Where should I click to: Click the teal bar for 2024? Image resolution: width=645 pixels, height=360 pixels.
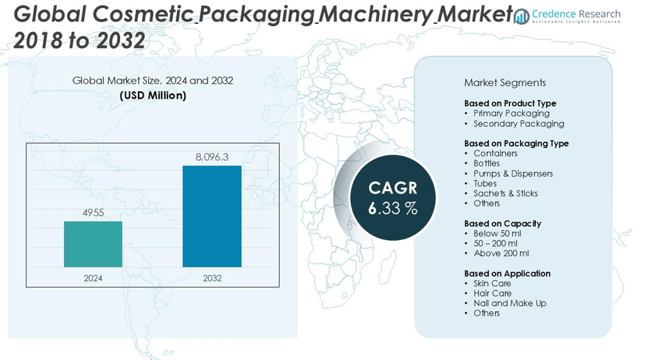tap(93, 244)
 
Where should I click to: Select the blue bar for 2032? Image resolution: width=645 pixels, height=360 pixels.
tap(212, 216)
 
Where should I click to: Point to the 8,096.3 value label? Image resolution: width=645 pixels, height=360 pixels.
tap(212, 157)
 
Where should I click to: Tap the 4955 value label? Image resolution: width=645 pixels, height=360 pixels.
tap(93, 213)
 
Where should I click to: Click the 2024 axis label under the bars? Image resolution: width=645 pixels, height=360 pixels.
tap(93, 278)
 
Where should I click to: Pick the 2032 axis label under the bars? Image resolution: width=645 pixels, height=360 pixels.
tap(212, 278)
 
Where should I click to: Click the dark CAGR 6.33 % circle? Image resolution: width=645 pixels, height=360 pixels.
tap(393, 197)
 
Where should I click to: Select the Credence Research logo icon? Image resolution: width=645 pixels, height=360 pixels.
tap(522, 16)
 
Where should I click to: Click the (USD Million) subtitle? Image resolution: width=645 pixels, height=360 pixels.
tap(153, 96)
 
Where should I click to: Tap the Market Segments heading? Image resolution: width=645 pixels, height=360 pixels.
tap(505, 83)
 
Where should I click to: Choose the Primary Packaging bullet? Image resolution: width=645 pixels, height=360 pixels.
tap(511, 113)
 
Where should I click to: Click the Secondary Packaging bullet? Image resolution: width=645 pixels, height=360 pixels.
tap(519, 124)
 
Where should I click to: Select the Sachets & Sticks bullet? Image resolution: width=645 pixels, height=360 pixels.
tap(505, 193)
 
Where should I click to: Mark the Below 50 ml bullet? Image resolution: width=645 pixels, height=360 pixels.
tap(497, 234)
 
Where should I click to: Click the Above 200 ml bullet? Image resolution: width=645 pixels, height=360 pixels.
tap(501, 253)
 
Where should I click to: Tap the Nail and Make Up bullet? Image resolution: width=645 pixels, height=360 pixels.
tap(510, 303)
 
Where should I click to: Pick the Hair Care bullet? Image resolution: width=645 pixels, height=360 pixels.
tap(492, 293)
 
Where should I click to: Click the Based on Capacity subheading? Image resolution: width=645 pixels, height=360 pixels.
tap(502, 223)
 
